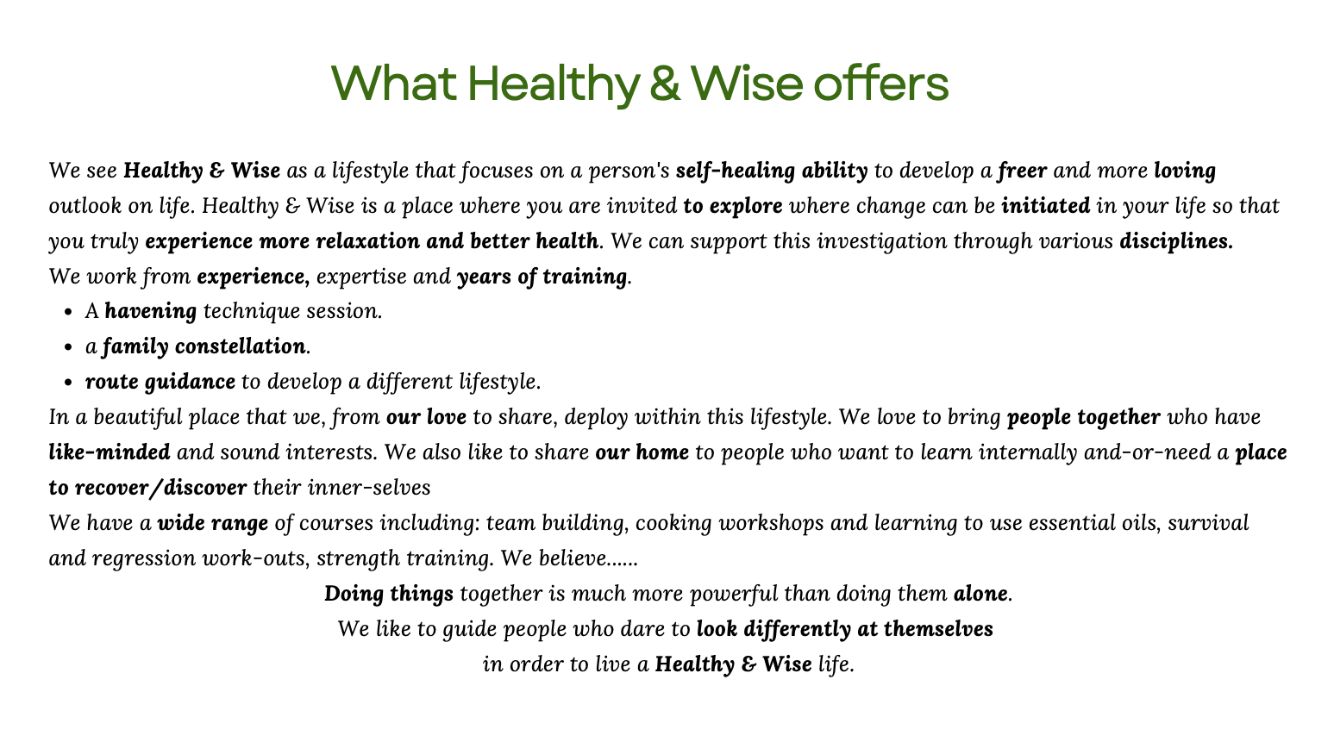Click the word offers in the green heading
coord(880,83)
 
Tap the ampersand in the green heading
coord(665,84)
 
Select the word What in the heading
coord(394,83)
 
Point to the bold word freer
coord(1022,171)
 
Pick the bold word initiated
coord(1045,205)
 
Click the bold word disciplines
coord(1176,241)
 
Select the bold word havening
coord(151,311)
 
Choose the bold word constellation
coord(240,346)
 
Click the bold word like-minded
coord(110,452)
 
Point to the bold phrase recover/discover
coord(160,488)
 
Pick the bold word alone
coord(980,593)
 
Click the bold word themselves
coord(938,629)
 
